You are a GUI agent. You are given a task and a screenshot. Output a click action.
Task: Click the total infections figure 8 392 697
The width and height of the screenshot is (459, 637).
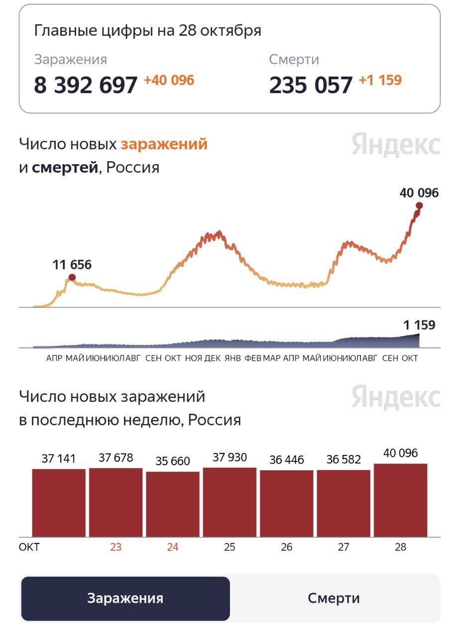pyautogui.click(x=85, y=85)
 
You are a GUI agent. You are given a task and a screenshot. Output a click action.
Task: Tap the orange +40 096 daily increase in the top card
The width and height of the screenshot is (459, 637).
pyautogui.click(x=169, y=80)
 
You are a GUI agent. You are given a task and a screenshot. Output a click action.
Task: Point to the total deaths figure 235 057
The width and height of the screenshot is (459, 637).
pyautogui.click(x=311, y=85)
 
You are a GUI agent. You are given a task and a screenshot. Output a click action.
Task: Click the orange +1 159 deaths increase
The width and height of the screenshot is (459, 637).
pyautogui.click(x=380, y=80)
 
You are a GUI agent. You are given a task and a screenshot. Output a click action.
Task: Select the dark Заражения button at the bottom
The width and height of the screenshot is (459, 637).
pyautogui.click(x=125, y=598)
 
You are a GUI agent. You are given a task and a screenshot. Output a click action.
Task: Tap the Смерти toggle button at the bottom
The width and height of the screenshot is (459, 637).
pyautogui.click(x=334, y=598)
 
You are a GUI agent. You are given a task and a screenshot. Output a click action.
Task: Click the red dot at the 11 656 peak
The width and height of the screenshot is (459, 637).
pyautogui.click(x=72, y=277)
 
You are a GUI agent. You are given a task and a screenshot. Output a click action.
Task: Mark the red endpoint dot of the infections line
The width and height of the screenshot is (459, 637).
pyautogui.click(x=419, y=206)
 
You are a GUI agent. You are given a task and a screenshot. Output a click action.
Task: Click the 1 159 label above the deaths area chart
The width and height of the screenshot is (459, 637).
pyautogui.click(x=419, y=325)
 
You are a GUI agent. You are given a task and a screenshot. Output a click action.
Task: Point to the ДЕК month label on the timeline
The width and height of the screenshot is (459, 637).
pyautogui.click(x=213, y=358)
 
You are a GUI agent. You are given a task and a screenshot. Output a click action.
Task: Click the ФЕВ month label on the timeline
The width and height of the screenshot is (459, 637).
pyautogui.click(x=253, y=358)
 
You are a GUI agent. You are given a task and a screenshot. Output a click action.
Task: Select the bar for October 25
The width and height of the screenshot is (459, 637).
pyautogui.click(x=229, y=502)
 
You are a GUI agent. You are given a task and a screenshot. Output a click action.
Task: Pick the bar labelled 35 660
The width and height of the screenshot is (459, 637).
pyautogui.click(x=173, y=504)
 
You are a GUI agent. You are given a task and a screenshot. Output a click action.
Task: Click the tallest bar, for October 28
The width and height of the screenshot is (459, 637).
pyautogui.click(x=400, y=500)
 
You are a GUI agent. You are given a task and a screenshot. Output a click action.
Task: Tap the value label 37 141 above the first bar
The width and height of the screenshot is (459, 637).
pyautogui.click(x=59, y=458)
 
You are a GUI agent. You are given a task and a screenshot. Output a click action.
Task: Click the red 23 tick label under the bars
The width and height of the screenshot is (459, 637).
pyautogui.click(x=115, y=547)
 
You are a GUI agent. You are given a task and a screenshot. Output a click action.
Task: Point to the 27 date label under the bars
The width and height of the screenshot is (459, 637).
pyautogui.click(x=344, y=547)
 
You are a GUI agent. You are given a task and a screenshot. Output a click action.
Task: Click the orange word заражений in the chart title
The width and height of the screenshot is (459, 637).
pyautogui.click(x=164, y=144)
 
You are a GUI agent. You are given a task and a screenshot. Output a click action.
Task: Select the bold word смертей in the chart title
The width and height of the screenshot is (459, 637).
pyautogui.click(x=65, y=168)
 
